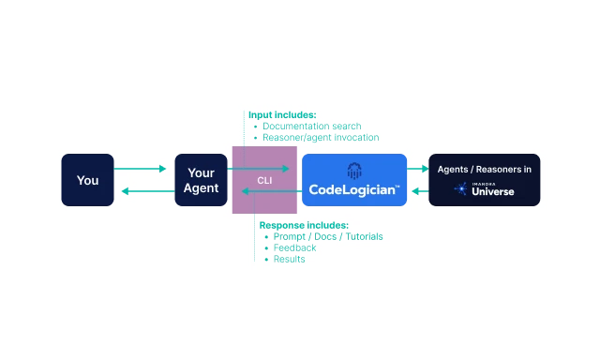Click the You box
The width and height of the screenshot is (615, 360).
pyautogui.click(x=87, y=180)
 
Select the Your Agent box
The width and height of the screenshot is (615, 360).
pyautogui.click(x=202, y=180)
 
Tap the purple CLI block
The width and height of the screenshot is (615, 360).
pyautogui.click(x=264, y=180)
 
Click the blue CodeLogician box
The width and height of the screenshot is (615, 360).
pyautogui.click(x=354, y=180)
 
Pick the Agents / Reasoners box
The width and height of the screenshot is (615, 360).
pyautogui.click(x=484, y=180)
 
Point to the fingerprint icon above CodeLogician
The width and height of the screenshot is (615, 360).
pyautogui.click(x=354, y=171)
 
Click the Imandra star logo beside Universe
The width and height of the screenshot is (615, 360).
pyautogui.click(x=461, y=189)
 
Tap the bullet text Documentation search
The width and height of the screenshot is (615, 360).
pyautogui.click(x=311, y=126)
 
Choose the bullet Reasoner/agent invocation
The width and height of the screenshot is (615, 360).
pyautogui.click(x=321, y=137)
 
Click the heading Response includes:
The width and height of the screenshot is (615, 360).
pyautogui.click(x=304, y=225)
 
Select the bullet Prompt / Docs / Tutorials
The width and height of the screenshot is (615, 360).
pyautogui.click(x=328, y=236)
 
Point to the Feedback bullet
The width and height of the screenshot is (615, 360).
pyautogui.click(x=295, y=247)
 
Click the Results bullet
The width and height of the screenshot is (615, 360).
pyautogui.click(x=290, y=259)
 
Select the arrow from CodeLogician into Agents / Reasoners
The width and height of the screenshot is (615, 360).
pyautogui.click(x=417, y=170)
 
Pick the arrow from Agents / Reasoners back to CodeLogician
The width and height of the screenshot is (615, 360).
pyautogui.click(x=417, y=191)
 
